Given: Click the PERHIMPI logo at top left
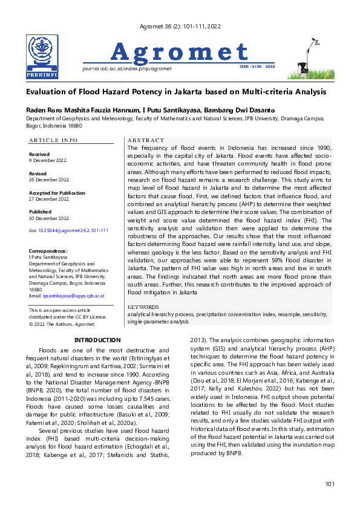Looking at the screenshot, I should click(42, 57).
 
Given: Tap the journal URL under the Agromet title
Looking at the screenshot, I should click(126, 68).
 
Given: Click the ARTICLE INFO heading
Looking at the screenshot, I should click(53, 140).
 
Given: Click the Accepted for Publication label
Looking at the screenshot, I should click(57, 192).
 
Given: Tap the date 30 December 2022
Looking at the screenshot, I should click(49, 218).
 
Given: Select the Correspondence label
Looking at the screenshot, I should click(48, 250).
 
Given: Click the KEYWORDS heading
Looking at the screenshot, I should click(143, 307).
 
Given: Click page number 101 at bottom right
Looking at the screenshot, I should click(329, 484).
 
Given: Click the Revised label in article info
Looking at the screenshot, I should click(38, 173).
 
